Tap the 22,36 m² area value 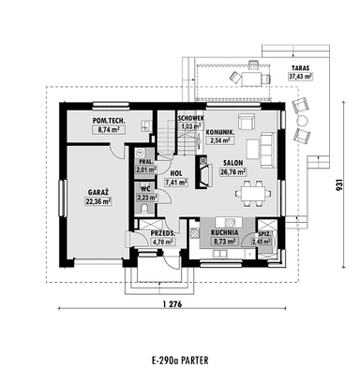tap(98, 201)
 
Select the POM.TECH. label tap(109, 120)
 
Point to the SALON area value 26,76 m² tap(232, 172)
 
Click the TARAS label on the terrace tap(300, 67)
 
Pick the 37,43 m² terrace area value tap(300, 77)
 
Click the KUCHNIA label tap(224, 232)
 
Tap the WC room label tap(145, 189)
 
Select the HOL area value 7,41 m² tap(176, 183)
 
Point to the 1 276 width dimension tap(172, 303)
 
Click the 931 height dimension tap(341, 184)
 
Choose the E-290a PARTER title tap(180, 361)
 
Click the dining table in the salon tap(252, 194)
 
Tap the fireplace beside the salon tap(203, 172)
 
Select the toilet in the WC tap(144, 208)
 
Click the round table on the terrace tap(302, 120)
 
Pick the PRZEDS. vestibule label tap(162, 233)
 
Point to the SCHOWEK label tap(191, 118)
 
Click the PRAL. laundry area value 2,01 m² tap(146, 169)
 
